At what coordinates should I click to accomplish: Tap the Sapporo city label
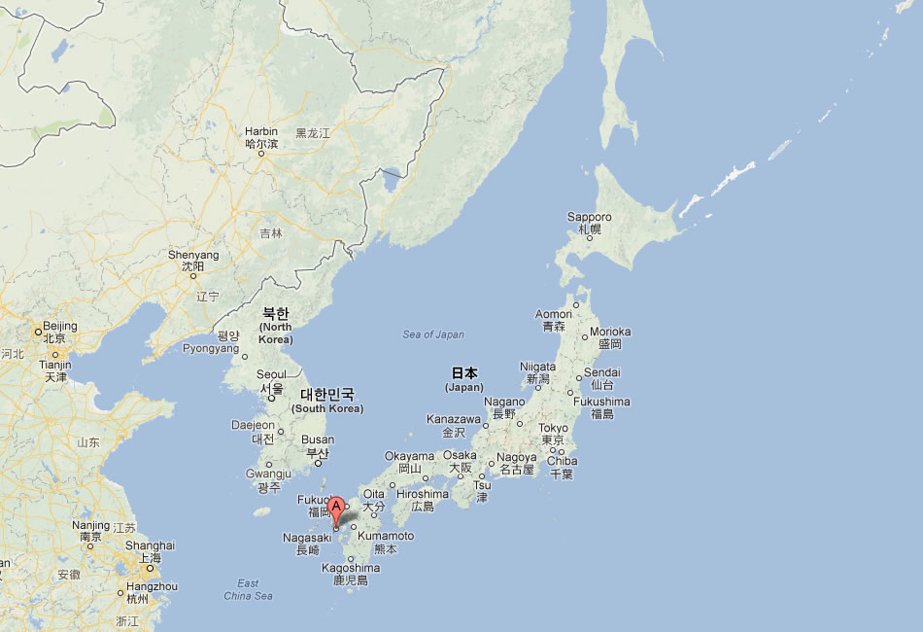(x=590, y=217)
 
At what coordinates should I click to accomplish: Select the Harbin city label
(x=261, y=131)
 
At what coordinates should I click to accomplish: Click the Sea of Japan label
(x=433, y=334)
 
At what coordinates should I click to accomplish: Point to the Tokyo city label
(x=553, y=429)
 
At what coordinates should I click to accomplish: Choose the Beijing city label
(x=59, y=326)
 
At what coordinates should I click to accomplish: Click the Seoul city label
(x=271, y=375)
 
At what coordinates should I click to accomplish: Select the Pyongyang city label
(x=211, y=348)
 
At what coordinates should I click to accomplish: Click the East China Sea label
(x=248, y=589)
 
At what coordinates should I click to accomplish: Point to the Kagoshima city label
(x=350, y=568)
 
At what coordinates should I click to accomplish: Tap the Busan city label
(x=317, y=439)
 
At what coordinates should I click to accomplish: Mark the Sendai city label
(x=601, y=372)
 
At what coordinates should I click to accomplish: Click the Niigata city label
(x=538, y=368)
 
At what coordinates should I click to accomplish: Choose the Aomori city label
(x=554, y=314)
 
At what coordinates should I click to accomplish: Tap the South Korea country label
(x=327, y=400)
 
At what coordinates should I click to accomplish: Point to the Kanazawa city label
(x=453, y=419)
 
